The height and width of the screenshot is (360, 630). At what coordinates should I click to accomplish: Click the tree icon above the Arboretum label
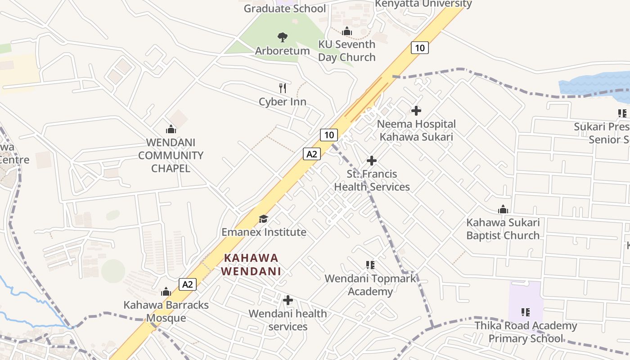(x=283, y=37)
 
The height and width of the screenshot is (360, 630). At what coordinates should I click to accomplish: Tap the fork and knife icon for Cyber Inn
(x=283, y=88)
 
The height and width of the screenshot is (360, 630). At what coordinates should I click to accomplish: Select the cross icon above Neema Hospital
(x=416, y=110)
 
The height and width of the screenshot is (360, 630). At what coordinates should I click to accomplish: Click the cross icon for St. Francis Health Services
(x=372, y=160)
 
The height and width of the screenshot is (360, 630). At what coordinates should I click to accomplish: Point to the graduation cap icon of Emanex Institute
(x=263, y=219)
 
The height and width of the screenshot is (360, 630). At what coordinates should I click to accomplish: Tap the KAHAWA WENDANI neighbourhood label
(x=251, y=265)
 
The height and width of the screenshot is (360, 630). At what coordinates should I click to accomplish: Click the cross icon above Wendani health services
(x=288, y=300)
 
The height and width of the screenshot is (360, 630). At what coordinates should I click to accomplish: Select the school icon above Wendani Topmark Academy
(x=370, y=265)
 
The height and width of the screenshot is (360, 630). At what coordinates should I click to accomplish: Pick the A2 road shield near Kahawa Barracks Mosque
(x=188, y=284)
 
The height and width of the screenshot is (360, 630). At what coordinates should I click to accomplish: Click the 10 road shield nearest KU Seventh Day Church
(x=419, y=48)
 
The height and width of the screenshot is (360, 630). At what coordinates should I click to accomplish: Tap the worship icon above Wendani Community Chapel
(x=171, y=130)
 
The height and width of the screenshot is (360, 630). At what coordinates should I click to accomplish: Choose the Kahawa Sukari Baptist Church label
(x=503, y=229)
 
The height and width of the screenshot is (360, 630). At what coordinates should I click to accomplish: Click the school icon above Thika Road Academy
(x=525, y=312)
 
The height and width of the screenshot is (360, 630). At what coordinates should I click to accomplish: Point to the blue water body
(x=594, y=83)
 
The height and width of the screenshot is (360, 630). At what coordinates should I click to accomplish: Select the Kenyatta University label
(x=423, y=4)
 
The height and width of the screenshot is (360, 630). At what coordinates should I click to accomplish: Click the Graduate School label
(x=284, y=8)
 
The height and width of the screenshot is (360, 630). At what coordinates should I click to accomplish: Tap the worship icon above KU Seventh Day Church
(x=347, y=31)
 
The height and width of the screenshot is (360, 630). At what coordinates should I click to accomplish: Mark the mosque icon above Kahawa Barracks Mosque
(x=166, y=292)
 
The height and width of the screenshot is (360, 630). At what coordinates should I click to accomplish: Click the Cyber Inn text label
(x=283, y=102)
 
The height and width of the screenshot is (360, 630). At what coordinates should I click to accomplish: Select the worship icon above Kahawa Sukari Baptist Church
(x=503, y=209)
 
